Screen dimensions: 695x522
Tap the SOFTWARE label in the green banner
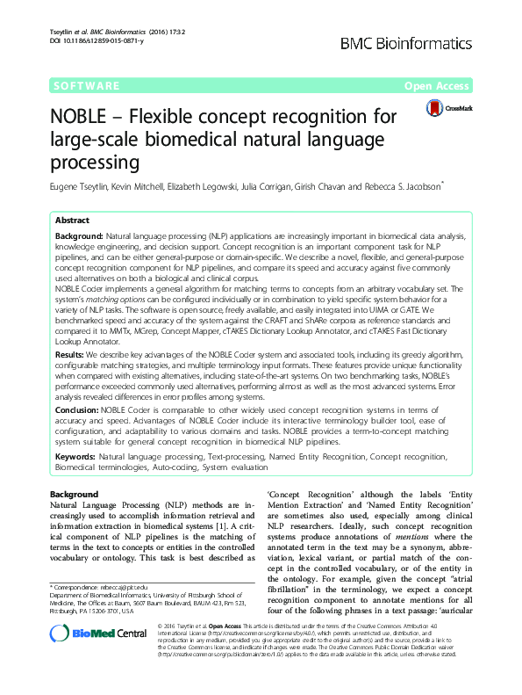(x=86, y=86)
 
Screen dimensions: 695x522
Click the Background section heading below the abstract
(x=74, y=496)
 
